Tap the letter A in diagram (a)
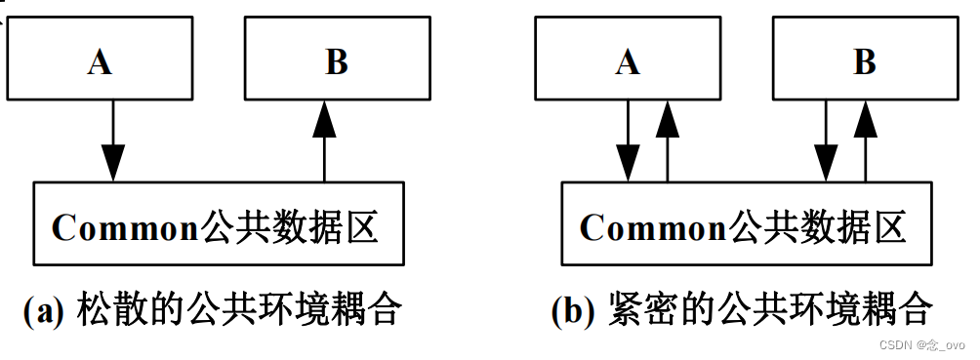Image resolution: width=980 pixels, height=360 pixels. click(99, 62)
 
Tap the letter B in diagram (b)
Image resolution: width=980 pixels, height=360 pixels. click(865, 62)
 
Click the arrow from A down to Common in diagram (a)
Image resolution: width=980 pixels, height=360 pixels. click(113, 140)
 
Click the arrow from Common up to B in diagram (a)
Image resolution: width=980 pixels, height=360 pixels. click(325, 140)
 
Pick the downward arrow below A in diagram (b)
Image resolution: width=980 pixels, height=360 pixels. click(629, 140)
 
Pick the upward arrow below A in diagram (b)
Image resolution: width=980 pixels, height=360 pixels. click(668, 140)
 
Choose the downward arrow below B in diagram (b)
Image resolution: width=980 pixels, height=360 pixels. click(827, 140)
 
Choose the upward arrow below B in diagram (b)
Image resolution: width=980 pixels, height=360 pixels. click(865, 140)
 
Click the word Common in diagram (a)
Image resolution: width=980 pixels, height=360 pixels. click(125, 228)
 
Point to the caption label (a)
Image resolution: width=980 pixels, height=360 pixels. click(44, 311)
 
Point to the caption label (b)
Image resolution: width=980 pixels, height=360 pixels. click(573, 311)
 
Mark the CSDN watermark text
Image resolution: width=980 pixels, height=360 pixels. click(921, 345)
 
